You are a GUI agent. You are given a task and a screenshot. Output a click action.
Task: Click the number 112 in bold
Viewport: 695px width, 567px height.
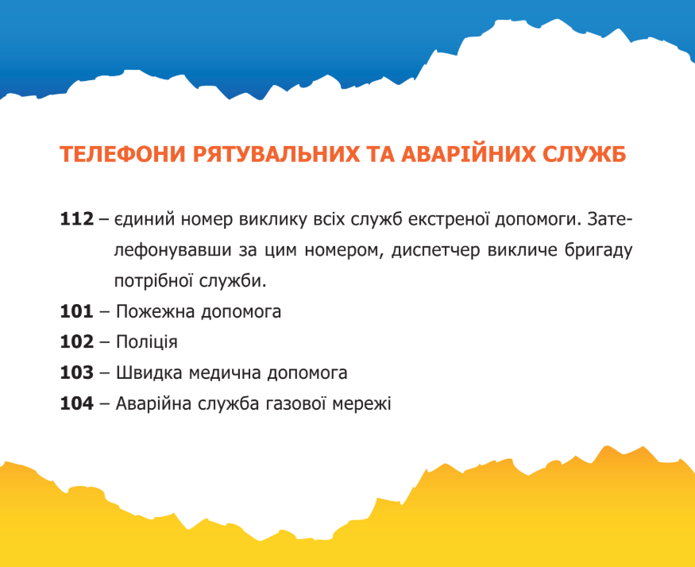point(77,219)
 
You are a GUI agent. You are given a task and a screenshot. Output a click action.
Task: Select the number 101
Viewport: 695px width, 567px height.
point(77,311)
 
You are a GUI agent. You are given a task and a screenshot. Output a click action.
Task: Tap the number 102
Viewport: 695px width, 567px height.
point(77,341)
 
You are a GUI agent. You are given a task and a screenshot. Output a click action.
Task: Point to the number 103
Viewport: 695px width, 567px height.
point(77,372)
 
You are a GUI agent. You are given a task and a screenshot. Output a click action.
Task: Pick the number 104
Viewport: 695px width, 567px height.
point(77,403)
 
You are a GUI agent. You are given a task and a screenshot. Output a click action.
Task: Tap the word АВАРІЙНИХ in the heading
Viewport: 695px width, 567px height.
point(468,153)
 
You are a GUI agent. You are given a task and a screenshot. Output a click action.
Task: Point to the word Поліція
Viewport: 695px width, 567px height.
point(147,341)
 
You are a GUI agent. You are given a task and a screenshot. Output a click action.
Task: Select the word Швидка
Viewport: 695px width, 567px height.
point(149,372)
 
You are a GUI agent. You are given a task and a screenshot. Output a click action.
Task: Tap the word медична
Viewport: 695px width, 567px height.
point(225,372)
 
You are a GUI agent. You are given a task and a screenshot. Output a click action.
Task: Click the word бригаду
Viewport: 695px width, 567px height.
point(598,250)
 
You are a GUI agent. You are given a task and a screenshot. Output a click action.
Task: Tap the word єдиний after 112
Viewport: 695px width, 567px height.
point(144,219)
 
